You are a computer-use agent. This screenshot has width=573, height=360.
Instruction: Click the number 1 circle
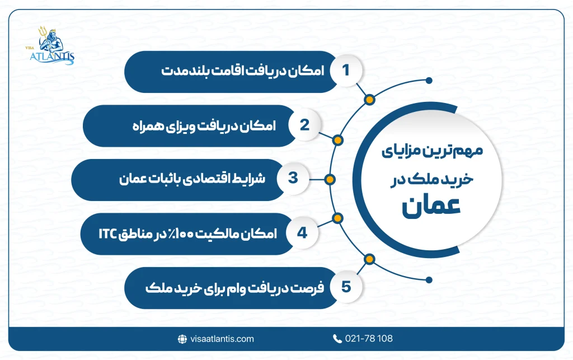click(345, 71)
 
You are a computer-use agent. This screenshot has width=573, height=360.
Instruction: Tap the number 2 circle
click(304, 125)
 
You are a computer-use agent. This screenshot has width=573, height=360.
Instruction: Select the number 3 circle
click(292, 179)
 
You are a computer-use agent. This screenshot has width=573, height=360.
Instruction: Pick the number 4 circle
click(303, 232)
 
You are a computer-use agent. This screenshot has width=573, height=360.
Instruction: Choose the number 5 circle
click(345, 287)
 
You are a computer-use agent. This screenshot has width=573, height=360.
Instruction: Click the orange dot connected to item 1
click(369, 100)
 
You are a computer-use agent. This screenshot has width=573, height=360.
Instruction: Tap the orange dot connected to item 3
click(330, 180)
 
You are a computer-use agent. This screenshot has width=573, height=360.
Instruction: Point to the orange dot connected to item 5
click(369, 259)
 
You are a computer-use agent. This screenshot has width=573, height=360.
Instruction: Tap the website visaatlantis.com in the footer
click(222, 339)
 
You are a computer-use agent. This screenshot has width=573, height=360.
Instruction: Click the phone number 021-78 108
click(369, 339)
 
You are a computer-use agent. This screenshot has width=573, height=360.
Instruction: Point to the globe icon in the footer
click(181, 339)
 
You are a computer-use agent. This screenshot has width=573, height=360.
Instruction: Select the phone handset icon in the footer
click(337, 339)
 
